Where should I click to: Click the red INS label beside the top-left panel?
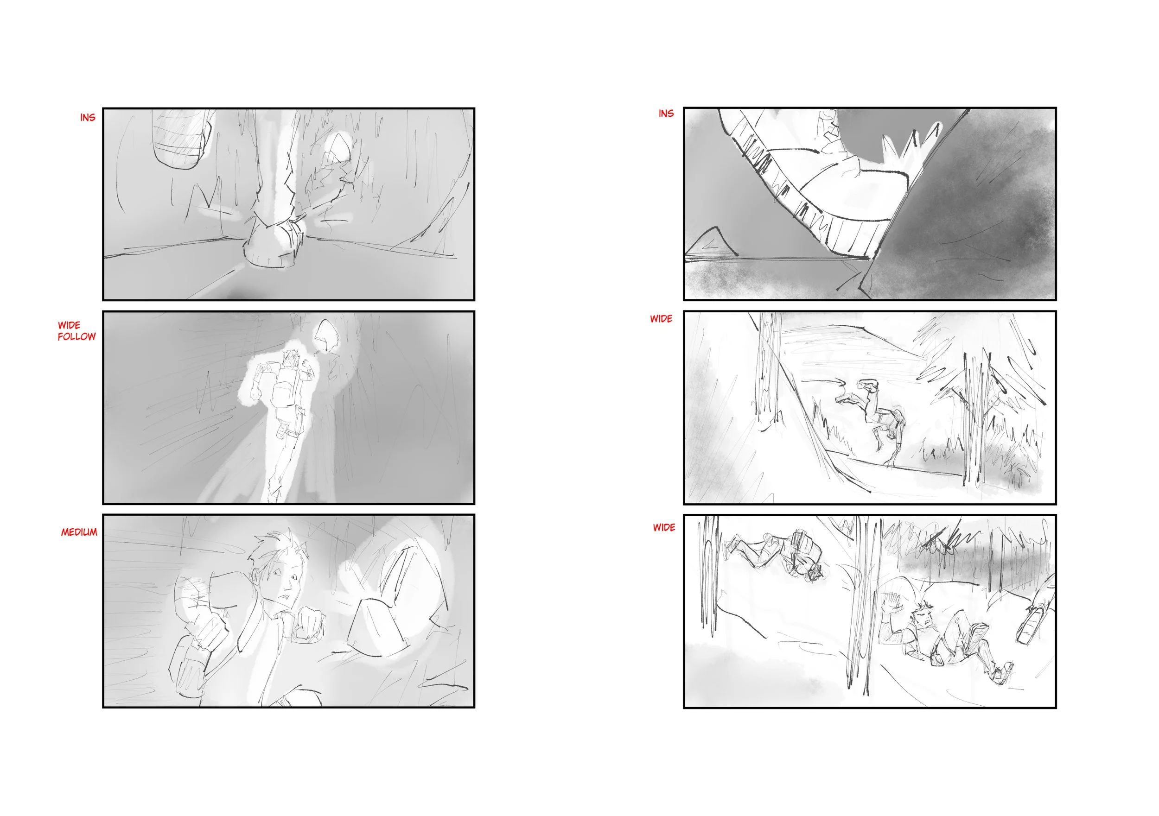pos(87,118)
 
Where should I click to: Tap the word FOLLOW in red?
pos(76,336)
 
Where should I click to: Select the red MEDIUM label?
pos(79,532)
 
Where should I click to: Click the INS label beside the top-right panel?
pos(666,114)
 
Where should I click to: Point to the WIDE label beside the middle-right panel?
pos(661,319)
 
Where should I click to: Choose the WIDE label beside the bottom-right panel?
pos(664,528)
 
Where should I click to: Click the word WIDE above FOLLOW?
pos(69,325)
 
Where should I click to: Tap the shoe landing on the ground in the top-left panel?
pos(274,244)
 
